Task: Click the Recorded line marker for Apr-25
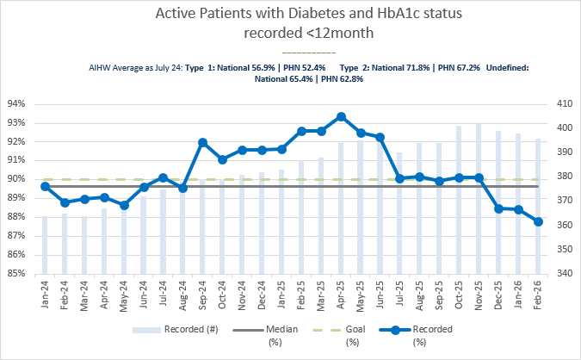[341, 116]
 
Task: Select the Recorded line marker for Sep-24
[202, 142]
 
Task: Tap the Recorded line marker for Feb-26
[538, 221]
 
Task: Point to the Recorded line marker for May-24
[124, 205]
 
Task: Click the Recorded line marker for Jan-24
[45, 186]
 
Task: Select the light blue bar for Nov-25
[479, 198]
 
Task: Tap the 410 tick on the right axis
[564, 103]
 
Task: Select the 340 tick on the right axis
[564, 274]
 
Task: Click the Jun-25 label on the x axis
[380, 295]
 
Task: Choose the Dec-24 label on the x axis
[262, 295]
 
